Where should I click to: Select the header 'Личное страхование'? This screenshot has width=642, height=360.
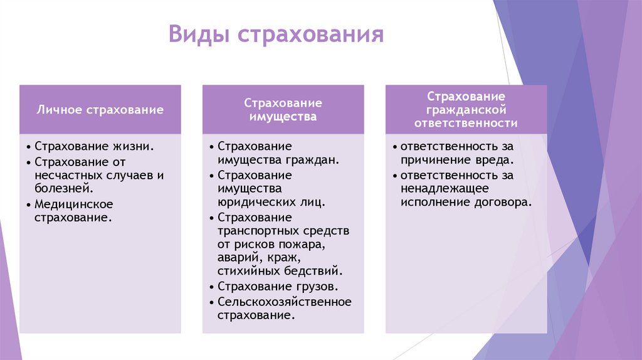(x=100, y=110)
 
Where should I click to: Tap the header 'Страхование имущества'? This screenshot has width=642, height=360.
(x=283, y=109)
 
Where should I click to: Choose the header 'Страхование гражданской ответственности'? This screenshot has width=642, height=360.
(x=466, y=110)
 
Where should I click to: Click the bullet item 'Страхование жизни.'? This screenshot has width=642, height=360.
(x=94, y=146)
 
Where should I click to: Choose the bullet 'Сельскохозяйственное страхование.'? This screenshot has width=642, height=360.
(x=284, y=308)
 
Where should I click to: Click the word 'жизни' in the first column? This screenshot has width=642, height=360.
(x=135, y=146)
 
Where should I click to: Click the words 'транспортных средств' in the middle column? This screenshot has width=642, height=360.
(x=283, y=231)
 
